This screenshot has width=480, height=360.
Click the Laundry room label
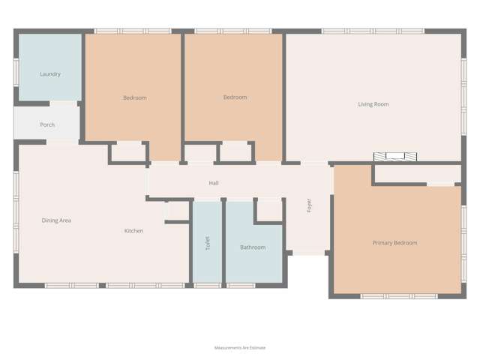click(x=50, y=74)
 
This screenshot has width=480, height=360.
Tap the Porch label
click(x=47, y=124)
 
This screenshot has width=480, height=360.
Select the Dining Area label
click(x=56, y=220)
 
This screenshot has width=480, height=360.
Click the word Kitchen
click(x=133, y=231)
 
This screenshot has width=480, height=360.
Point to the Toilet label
click(x=208, y=243)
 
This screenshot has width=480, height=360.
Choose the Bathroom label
click(x=253, y=247)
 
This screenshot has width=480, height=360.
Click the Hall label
click(x=214, y=183)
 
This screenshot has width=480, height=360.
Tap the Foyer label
click(x=309, y=205)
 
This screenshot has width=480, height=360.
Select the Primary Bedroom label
click(x=394, y=243)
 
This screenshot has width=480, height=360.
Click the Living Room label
click(x=373, y=104)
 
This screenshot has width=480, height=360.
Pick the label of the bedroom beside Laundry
click(x=135, y=97)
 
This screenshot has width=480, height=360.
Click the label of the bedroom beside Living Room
click(x=235, y=97)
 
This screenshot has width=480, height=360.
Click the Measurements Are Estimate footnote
click(x=240, y=348)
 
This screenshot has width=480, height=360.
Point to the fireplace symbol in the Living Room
click(x=394, y=157)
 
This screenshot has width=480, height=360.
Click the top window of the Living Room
click(x=373, y=31)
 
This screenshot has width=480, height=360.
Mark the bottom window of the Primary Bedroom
click(x=398, y=296)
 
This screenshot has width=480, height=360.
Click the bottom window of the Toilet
click(x=208, y=286)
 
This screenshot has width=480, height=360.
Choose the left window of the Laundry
click(x=16, y=71)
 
